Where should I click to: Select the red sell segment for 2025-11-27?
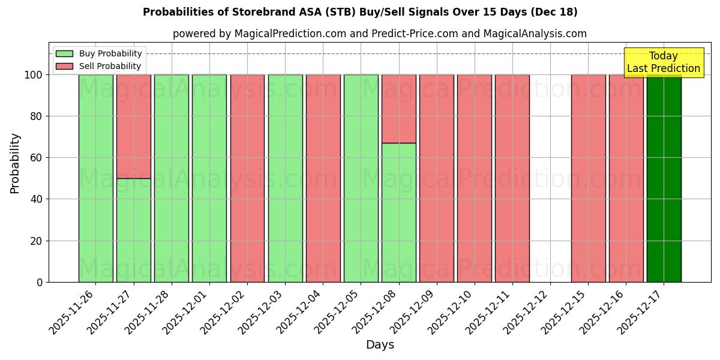pyautogui.click(x=133, y=126)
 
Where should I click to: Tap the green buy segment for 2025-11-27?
pyautogui.click(x=133, y=230)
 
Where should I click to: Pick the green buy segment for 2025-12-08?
pyautogui.click(x=398, y=212)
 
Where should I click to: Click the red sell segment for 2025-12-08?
pyautogui.click(x=398, y=109)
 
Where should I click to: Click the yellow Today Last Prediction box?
pyautogui.click(x=663, y=62)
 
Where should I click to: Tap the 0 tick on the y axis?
pyautogui.click(x=40, y=282)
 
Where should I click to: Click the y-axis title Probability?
pyautogui.click(x=15, y=163)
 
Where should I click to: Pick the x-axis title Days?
pyautogui.click(x=380, y=345)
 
